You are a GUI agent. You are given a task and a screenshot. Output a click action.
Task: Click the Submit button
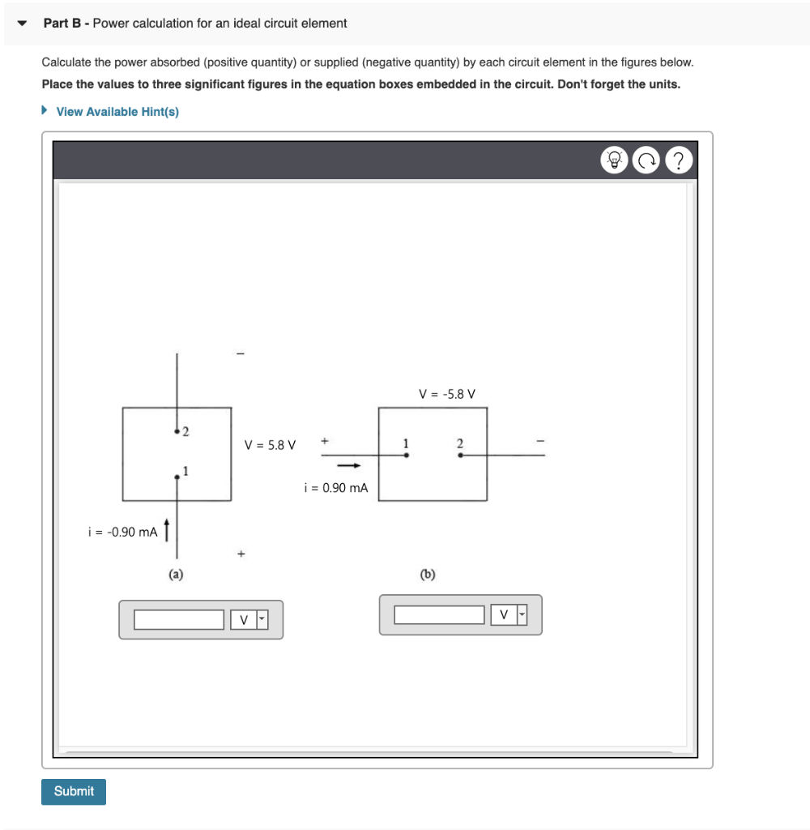click(74, 791)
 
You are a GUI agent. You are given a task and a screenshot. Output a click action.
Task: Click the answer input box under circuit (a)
click(179, 620)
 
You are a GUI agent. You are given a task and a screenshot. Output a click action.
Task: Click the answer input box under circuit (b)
click(439, 615)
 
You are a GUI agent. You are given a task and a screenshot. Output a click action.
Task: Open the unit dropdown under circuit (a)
click(249, 620)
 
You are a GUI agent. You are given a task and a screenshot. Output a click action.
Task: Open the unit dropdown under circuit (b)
click(509, 615)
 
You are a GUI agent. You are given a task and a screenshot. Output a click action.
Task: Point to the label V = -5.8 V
click(447, 395)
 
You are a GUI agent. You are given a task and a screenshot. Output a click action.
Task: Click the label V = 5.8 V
click(270, 445)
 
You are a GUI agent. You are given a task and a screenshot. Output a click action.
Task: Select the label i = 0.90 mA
click(335, 488)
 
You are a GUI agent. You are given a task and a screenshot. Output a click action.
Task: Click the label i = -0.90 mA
click(122, 532)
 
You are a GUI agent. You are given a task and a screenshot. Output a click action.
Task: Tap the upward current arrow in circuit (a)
click(167, 528)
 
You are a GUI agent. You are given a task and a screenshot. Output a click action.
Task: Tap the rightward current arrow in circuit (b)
click(348, 466)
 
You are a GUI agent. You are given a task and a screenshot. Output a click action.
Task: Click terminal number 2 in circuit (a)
click(185, 430)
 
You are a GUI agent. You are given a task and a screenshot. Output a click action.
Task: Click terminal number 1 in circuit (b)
click(406, 443)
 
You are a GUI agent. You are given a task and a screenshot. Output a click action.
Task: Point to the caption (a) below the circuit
click(176, 575)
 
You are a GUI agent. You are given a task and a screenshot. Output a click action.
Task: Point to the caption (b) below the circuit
click(428, 575)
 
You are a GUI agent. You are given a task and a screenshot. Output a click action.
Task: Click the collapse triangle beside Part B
click(22, 24)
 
